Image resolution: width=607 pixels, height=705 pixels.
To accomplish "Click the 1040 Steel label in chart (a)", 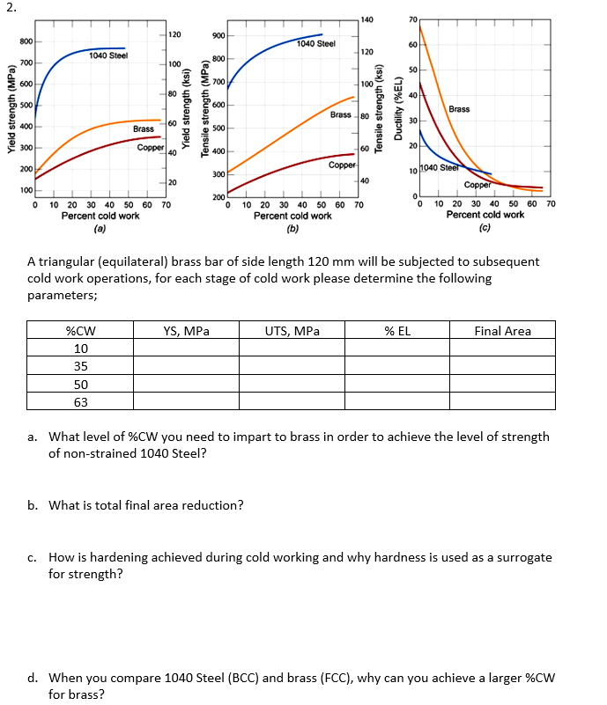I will coord(108,55).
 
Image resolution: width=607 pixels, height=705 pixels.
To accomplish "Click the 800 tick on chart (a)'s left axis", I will coord(26,41).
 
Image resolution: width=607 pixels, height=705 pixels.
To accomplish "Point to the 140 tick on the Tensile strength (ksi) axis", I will coord(366,19).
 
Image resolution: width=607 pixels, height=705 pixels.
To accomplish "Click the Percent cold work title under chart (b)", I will coord(292,215).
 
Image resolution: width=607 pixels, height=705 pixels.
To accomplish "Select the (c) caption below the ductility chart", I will coord(485,228).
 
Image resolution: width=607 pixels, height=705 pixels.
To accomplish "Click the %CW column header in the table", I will coord(80,331).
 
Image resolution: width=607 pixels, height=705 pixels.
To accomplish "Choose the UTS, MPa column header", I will coord(292,331).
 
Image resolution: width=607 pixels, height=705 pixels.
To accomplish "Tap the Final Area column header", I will coord(502,331).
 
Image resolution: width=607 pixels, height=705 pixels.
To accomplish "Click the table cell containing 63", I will coord(80,402).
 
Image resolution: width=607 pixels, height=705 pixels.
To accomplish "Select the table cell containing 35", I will coord(80,366).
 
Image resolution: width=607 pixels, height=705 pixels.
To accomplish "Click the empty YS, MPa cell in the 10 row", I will coord(186,349).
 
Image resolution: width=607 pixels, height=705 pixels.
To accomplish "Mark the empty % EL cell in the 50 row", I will coord(397,385).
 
